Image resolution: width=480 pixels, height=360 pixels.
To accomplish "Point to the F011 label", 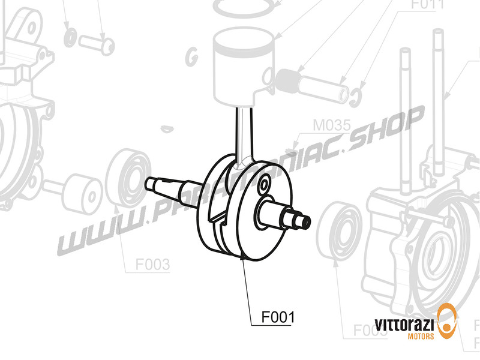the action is tap(427, 5).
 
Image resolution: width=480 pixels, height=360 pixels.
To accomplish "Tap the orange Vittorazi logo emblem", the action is tap(448, 321).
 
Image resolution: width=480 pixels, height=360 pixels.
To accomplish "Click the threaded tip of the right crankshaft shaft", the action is tap(304, 222).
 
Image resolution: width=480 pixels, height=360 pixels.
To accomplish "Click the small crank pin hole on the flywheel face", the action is tap(265, 184).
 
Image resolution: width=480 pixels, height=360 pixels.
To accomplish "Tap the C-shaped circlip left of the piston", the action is tap(193, 56).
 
